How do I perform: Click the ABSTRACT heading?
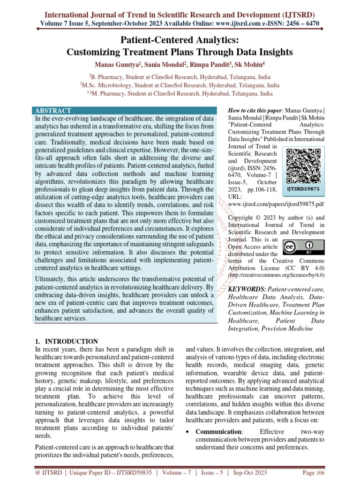click(53, 111)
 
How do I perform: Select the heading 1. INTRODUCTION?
click(66, 341)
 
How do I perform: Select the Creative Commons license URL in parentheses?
click(276, 275)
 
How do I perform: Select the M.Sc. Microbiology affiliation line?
click(180, 85)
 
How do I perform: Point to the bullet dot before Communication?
click(188, 432)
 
